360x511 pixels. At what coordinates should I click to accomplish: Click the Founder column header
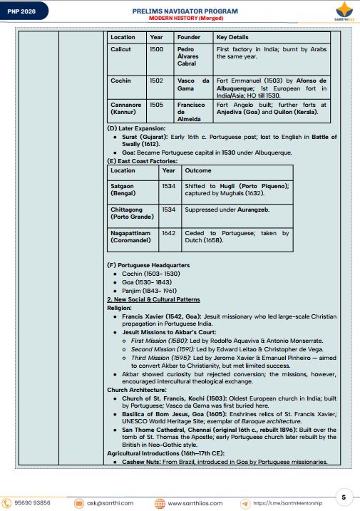tap(189, 36)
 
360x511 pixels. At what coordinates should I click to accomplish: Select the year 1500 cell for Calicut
tap(157, 49)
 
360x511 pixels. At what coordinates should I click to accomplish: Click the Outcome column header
tap(197, 170)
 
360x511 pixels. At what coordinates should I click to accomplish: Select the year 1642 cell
tap(168, 233)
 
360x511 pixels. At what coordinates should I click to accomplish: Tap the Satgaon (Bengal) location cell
tap(129, 189)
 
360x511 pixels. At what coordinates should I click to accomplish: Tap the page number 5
tap(344, 497)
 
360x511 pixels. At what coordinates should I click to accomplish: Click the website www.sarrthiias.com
tap(195, 503)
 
